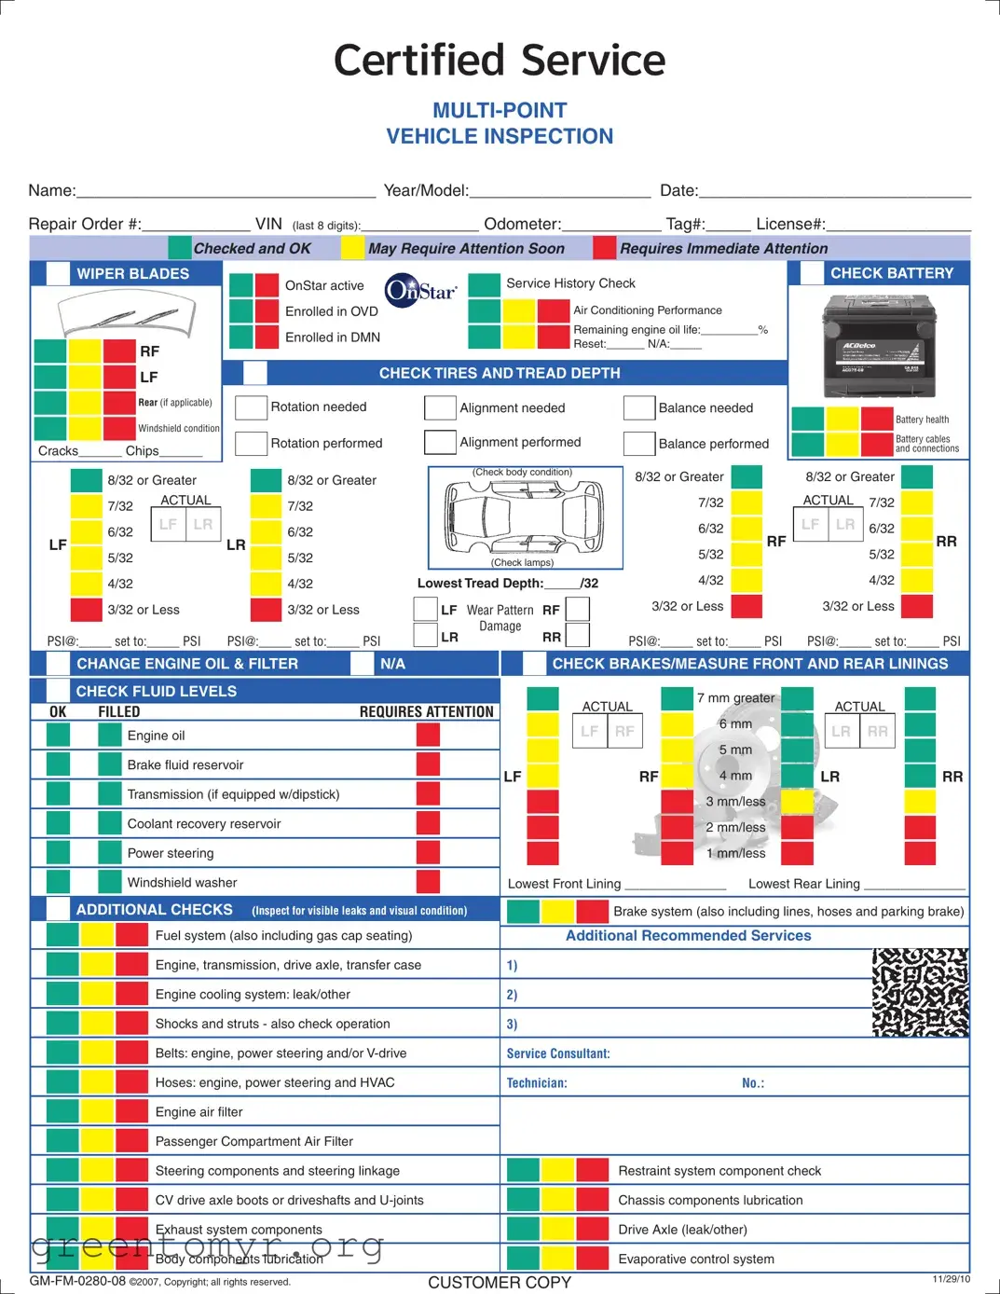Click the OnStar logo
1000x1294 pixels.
coord(420,290)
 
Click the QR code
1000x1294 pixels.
coord(920,993)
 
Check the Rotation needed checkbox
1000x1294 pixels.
coord(251,407)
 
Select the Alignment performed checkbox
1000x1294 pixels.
coord(440,442)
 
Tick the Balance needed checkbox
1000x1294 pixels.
coord(639,408)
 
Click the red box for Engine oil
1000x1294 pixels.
coord(428,735)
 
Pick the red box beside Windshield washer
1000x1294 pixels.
coord(428,882)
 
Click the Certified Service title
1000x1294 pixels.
coord(500,61)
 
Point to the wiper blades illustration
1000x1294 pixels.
coord(127,315)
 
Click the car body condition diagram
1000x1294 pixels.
coord(525,516)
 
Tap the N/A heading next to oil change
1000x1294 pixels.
coord(392,664)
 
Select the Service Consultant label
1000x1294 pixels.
coord(557,1053)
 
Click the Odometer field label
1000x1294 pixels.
coord(522,224)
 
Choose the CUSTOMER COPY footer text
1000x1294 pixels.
coord(500,1283)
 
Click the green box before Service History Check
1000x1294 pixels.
coord(484,283)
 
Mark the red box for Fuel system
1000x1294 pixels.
coord(131,935)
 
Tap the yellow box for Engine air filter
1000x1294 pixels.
coord(97,1111)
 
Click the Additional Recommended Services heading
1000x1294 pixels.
coord(688,935)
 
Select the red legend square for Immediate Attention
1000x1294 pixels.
coord(604,248)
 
